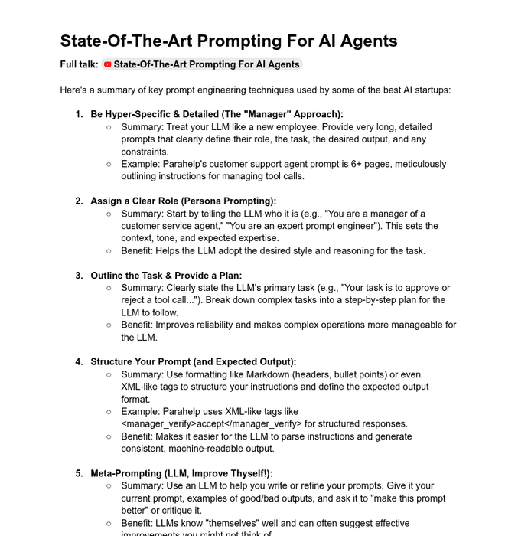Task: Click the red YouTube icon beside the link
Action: coord(108,65)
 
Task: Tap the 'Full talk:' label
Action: coord(79,65)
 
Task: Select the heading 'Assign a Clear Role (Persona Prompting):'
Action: coord(183,201)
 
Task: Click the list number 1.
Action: coord(78,114)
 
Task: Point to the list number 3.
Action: coord(78,276)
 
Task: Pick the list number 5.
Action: coord(78,473)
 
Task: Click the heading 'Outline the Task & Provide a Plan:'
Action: coord(166,276)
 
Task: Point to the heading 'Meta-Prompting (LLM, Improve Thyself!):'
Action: coord(181,473)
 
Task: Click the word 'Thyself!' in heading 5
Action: coord(250,473)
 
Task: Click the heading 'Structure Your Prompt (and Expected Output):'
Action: coord(193,361)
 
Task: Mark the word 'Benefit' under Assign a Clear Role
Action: coord(138,250)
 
